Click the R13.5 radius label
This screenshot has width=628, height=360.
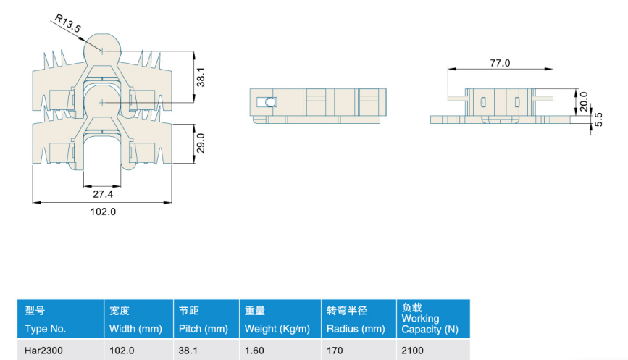pyautogui.click(x=67, y=23)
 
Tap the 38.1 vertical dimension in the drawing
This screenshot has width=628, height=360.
pyautogui.click(x=201, y=77)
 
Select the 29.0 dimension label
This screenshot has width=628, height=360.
pyautogui.click(x=201, y=143)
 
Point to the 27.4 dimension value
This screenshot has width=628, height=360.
pyautogui.click(x=103, y=194)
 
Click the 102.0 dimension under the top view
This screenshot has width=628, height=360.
pyautogui.click(x=103, y=212)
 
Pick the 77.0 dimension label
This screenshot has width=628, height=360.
pyautogui.click(x=500, y=63)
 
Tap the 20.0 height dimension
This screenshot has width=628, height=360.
pyautogui.click(x=584, y=101)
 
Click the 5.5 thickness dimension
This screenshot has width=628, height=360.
pyautogui.click(x=598, y=120)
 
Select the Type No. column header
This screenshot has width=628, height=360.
pyautogui.click(x=45, y=329)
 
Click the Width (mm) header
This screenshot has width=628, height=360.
pyautogui.click(x=135, y=329)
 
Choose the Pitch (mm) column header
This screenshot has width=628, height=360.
pyautogui.click(x=203, y=329)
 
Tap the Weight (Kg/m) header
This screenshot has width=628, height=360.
pyautogui.click(x=277, y=329)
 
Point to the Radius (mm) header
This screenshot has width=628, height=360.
pyautogui.click(x=356, y=329)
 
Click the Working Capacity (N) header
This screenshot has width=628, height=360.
pyautogui.click(x=430, y=324)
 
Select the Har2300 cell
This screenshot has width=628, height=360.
pyautogui.click(x=43, y=351)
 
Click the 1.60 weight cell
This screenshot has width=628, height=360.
pyautogui.click(x=254, y=351)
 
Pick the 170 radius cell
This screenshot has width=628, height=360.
pyautogui.click(x=335, y=351)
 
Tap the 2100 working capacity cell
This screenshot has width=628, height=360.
pyautogui.click(x=413, y=351)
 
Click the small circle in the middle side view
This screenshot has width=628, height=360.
pyautogui.click(x=271, y=102)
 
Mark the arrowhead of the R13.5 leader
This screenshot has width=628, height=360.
pyautogui.click(x=85, y=41)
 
